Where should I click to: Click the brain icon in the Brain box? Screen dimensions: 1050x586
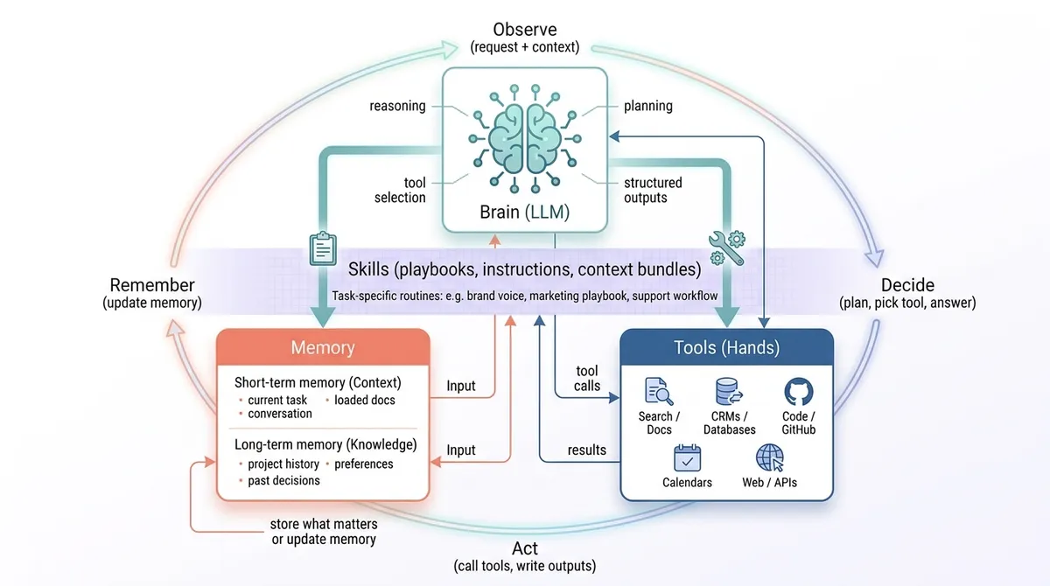click(525, 139)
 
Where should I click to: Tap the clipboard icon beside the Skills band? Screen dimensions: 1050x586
click(323, 248)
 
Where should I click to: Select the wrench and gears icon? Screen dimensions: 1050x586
click(727, 248)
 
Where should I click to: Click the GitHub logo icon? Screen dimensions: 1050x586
click(799, 392)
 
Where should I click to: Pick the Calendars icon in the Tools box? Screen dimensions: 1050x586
click(687, 457)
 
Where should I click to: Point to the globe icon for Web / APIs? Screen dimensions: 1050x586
click(770, 457)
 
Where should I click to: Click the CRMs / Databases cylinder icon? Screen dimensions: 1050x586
click(728, 392)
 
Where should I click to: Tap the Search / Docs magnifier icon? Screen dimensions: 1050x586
click(659, 391)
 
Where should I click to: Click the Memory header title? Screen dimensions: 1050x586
click(323, 347)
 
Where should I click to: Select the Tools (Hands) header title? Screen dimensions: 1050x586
click(727, 347)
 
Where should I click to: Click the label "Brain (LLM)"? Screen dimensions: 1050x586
click(524, 213)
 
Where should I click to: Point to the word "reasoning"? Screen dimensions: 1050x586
click(397, 107)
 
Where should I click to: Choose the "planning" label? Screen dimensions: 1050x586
click(648, 107)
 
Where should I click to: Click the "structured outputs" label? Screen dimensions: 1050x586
click(653, 190)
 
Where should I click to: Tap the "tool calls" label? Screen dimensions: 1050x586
click(587, 379)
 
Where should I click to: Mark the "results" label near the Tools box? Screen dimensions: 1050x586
click(587, 450)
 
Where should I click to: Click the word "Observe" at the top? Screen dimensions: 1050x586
click(525, 30)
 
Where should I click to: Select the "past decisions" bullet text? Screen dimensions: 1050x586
click(283, 480)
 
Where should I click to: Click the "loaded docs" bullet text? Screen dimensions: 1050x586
click(365, 400)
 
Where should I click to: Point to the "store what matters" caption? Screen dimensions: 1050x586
click(324, 524)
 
